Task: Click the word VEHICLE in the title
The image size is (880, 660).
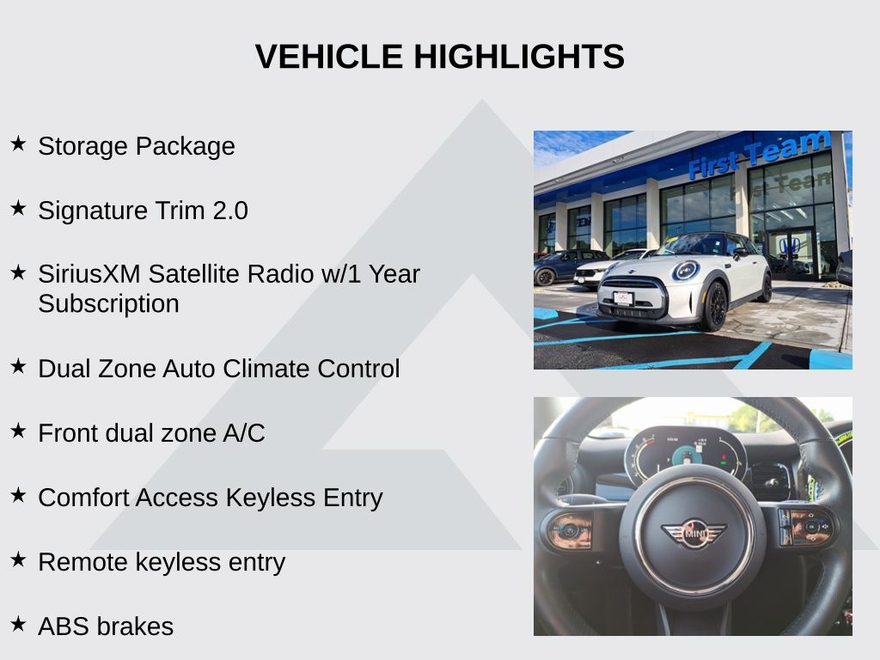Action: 329,57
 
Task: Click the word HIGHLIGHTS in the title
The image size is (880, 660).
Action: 519,57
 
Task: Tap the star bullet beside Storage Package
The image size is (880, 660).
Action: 19,144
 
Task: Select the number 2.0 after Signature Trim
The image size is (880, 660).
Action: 230,211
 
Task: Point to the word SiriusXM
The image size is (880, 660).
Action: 89,274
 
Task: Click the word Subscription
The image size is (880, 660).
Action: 109,304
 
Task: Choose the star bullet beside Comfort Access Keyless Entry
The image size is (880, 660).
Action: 19,495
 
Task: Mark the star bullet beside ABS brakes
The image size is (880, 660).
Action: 19,624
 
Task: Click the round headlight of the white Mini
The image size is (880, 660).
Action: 686,271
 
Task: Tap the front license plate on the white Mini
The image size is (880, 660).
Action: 624,298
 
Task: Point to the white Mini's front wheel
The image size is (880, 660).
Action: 715,307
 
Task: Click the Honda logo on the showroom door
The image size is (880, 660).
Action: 791,246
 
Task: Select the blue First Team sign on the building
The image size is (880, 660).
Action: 760,155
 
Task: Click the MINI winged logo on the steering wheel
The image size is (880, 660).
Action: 694,533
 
